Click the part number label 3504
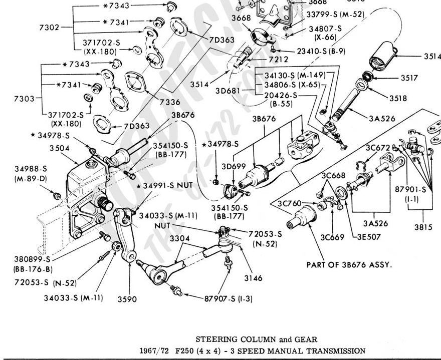59,148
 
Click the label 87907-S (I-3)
228,299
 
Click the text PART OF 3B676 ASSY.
349,265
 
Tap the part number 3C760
289,203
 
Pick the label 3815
423,226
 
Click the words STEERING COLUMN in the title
223,340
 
